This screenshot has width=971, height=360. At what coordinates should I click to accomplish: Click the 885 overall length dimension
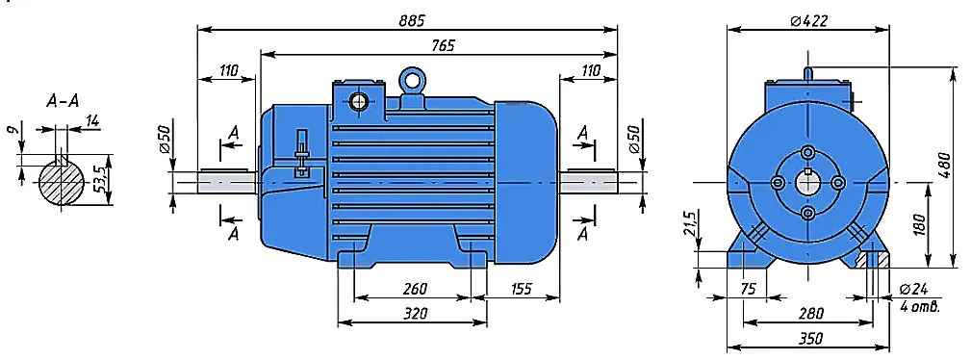[x=412, y=20]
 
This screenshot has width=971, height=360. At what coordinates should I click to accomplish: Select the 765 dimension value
[x=443, y=46]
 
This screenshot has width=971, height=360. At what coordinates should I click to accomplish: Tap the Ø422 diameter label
[x=808, y=20]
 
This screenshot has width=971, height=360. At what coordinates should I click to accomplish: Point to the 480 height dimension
[x=942, y=167]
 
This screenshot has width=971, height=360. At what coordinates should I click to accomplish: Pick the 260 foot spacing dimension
[x=414, y=289]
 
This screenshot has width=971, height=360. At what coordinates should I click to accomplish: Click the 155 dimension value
[x=521, y=289]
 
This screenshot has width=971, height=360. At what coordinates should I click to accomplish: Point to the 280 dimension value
[x=810, y=314]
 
